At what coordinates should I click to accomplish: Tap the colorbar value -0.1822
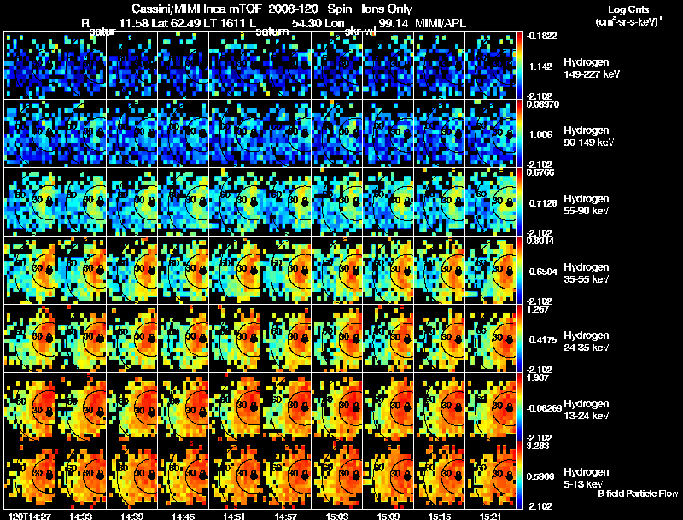point(544,36)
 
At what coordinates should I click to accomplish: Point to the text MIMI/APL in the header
point(441,23)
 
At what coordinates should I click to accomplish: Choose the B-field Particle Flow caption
point(637,494)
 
